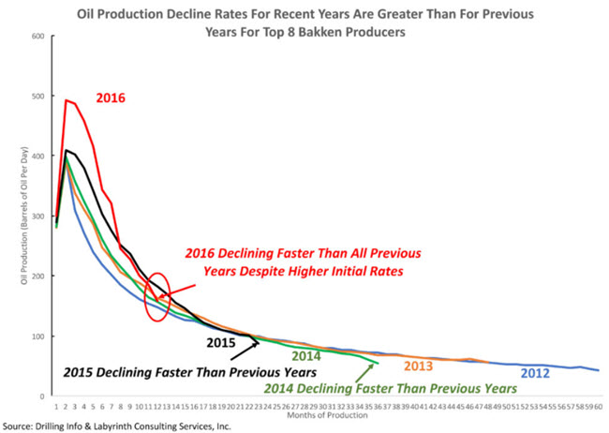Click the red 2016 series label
pyautogui.click(x=111, y=97)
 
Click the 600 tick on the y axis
pyautogui.click(x=38, y=37)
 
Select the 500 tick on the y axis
pyautogui.click(x=38, y=97)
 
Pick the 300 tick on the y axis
pyautogui.click(x=38, y=216)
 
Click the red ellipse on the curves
pyautogui.click(x=158, y=296)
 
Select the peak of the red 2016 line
pyautogui.click(x=65, y=100)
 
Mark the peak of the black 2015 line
pyautogui.click(x=65, y=150)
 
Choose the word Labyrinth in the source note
pyautogui.click(x=130, y=426)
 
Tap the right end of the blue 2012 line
pyautogui.click(x=599, y=370)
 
